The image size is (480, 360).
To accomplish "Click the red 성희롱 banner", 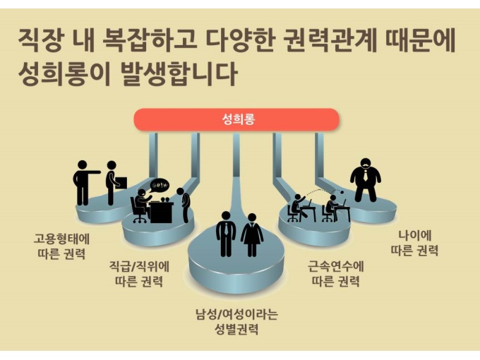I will [237, 120].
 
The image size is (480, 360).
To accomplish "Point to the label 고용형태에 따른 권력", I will [59, 244].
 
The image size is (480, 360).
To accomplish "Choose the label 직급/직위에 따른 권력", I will [138, 274].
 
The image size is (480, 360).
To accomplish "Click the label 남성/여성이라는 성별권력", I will [236, 320].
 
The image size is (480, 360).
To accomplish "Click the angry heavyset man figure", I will [366, 180].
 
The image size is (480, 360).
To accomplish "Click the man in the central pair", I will [226, 233].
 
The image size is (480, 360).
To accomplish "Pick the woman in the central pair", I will [252, 234].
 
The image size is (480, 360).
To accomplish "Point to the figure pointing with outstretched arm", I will [85, 182].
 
